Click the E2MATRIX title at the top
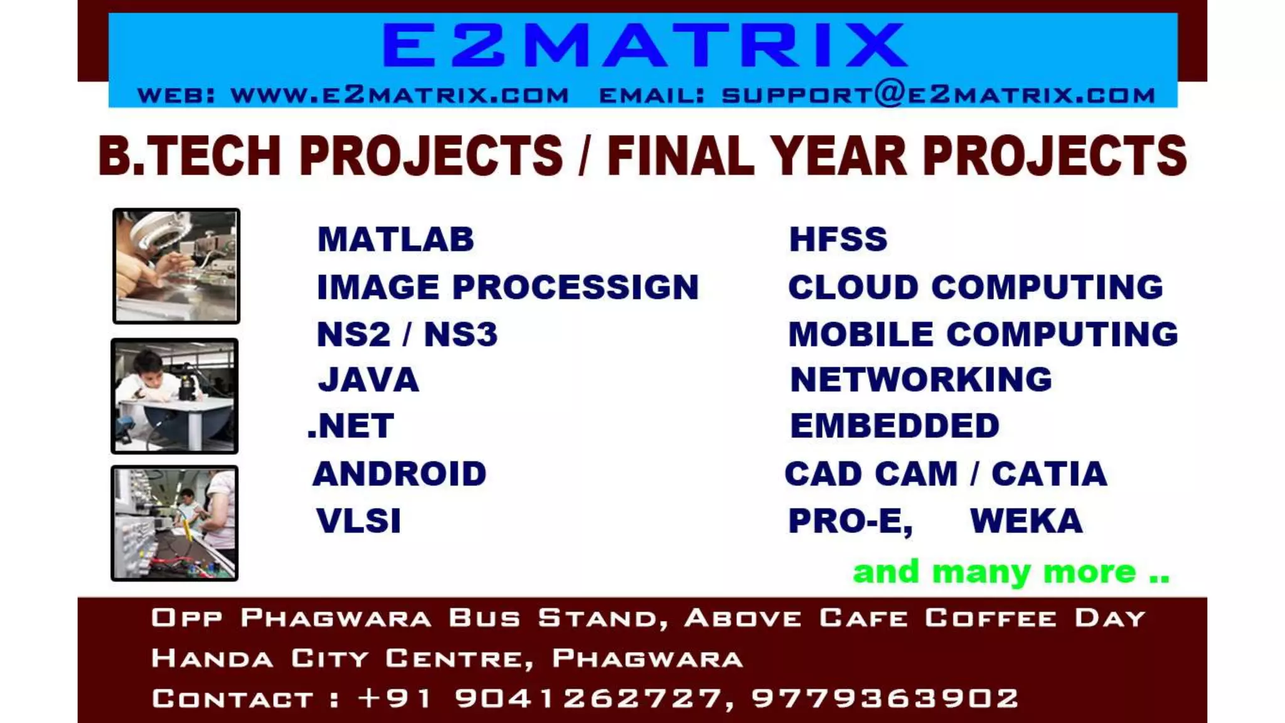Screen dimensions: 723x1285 tap(644, 45)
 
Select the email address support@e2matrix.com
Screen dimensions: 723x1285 tap(938, 95)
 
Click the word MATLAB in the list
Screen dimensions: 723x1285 tap(396, 240)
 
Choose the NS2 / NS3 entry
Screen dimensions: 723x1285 tap(407, 334)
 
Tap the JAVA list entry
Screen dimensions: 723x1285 tap(369, 380)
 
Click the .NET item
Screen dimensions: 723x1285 tap(351, 426)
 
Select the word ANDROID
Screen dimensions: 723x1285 tap(400, 474)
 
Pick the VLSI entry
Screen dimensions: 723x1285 tap(359, 521)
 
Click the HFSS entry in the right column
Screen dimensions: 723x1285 tap(838, 240)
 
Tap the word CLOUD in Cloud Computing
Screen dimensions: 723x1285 tap(853, 287)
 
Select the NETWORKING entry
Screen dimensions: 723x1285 tap(921, 380)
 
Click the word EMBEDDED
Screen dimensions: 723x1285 tap(895, 426)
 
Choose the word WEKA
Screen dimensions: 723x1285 tap(1026, 521)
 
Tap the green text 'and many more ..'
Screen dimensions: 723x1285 tap(1011, 572)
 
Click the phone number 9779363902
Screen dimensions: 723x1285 tap(885, 699)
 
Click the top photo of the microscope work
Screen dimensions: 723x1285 tap(176, 266)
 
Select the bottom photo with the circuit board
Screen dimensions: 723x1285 tap(175, 523)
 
